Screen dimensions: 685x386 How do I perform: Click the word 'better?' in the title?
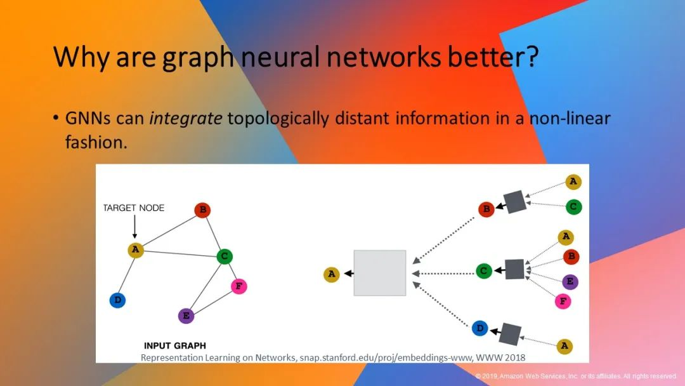tap(493, 57)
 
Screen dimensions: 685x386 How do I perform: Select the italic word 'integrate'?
tap(186, 119)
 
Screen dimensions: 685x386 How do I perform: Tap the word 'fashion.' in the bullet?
tap(96, 142)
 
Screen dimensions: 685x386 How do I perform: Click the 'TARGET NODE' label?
tap(134, 208)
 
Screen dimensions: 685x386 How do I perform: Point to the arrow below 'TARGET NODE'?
tap(134, 227)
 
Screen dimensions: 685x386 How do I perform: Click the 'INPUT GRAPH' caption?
tap(175, 346)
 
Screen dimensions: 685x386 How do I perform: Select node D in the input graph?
tap(117, 300)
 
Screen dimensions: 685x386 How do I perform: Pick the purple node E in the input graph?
tap(186, 316)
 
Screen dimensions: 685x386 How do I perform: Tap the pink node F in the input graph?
tap(239, 286)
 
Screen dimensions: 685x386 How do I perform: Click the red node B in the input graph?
tap(203, 210)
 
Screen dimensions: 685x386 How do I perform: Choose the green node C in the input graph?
tap(225, 256)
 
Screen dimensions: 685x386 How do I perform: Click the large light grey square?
tap(380, 273)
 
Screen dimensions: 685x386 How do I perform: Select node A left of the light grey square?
tap(332, 274)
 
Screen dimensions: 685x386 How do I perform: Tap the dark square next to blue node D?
tap(510, 335)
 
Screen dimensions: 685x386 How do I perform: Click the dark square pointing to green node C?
tap(514, 269)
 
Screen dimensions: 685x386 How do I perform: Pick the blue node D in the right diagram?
tap(480, 328)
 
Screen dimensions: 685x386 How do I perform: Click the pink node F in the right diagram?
tap(563, 301)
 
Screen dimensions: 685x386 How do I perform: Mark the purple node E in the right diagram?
tap(570, 282)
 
